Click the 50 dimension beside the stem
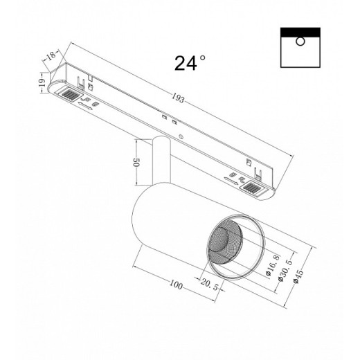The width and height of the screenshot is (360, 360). tap(137, 166)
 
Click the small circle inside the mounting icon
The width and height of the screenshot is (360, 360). tap(300, 42)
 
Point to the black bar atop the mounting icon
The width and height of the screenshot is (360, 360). tap(300, 32)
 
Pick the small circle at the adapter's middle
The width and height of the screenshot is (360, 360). tap(182, 136)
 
